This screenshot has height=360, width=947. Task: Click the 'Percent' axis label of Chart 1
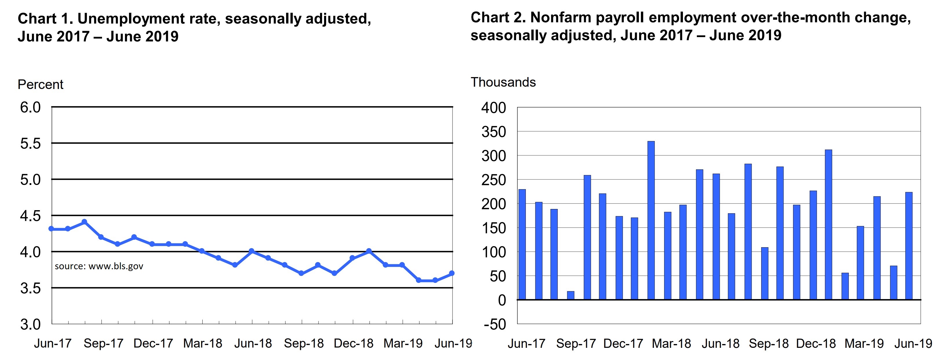click(x=41, y=85)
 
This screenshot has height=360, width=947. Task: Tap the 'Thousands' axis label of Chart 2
click(x=503, y=82)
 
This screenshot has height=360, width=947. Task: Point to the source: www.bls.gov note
click(x=99, y=266)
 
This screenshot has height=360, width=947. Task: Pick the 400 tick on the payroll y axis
click(x=493, y=108)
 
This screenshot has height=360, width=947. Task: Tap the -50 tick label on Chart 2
click(x=494, y=325)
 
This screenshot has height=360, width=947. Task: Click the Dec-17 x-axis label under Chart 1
click(x=153, y=343)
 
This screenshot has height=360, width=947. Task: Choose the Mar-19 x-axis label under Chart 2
click(x=864, y=343)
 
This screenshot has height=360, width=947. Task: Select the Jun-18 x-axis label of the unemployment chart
click(x=253, y=343)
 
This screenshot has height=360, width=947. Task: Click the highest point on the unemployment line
click(x=84, y=222)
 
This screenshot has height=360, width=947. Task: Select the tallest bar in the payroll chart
click(x=651, y=221)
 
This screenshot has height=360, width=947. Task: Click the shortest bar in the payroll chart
click(x=570, y=296)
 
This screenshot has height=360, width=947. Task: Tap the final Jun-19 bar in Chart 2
click(x=909, y=246)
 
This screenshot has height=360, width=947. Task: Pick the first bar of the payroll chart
click(x=522, y=245)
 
